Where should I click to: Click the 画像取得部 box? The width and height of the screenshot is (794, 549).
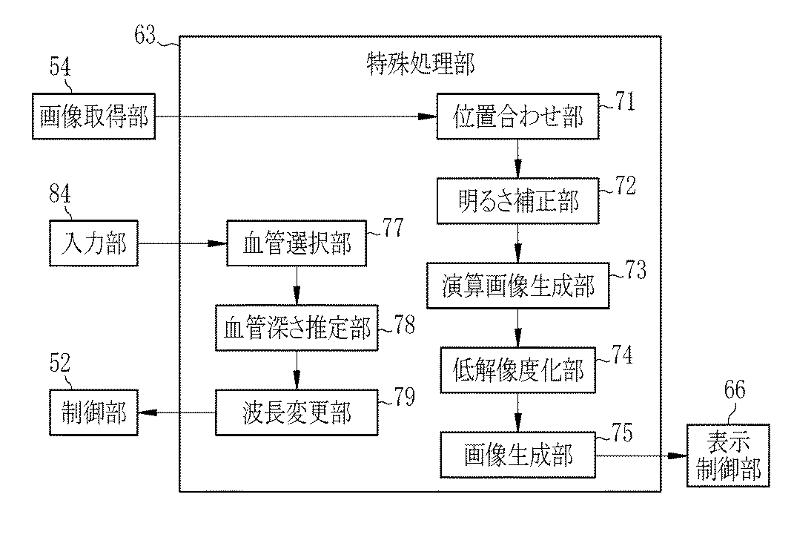click(93, 116)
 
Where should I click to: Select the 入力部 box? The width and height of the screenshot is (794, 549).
click(93, 243)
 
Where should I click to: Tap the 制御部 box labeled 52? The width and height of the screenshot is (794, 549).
click(93, 412)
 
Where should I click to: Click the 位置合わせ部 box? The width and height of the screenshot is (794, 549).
click(517, 116)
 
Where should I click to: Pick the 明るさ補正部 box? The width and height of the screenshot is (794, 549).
click(517, 201)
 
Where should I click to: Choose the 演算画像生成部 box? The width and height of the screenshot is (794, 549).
click(517, 286)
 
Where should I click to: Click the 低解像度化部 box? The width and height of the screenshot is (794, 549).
click(517, 370)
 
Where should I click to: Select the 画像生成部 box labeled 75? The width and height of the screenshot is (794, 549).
click(517, 455)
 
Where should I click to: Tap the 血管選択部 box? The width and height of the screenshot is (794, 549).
click(297, 243)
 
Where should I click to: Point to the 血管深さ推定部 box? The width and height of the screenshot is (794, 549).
click(297, 328)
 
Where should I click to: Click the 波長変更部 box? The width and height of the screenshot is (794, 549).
click(297, 412)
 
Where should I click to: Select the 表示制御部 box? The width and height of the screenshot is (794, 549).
click(728, 456)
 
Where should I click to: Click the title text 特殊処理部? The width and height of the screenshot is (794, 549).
click(420, 65)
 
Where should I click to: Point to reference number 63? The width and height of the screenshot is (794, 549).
click(145, 34)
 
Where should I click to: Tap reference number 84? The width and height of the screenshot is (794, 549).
click(60, 194)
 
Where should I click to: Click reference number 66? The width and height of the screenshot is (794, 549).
click(735, 389)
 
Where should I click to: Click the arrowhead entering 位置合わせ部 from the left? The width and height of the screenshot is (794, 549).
click(427, 116)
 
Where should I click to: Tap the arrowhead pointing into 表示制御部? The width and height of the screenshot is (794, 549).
click(677, 456)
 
